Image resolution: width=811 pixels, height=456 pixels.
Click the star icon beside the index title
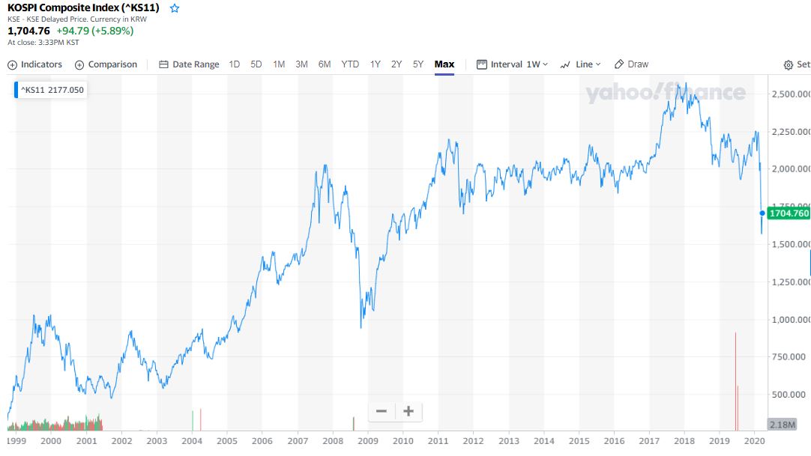tap(175, 8)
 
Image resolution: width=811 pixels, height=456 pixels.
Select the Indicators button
tap(35, 64)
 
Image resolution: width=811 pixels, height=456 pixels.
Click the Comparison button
tap(106, 64)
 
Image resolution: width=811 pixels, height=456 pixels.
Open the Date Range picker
tap(190, 64)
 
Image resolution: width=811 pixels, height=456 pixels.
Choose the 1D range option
tap(235, 64)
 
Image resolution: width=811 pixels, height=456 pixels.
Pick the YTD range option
tap(350, 64)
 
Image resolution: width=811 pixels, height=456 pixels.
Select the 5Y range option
tap(418, 64)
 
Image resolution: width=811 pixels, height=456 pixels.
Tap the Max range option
tap(444, 64)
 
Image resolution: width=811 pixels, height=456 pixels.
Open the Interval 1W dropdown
tap(513, 64)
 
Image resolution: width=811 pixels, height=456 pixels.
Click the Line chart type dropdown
tap(581, 64)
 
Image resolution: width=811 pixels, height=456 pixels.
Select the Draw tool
tap(632, 64)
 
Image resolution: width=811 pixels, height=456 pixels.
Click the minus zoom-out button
tap(382, 411)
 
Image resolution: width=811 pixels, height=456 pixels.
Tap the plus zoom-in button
tap(408, 411)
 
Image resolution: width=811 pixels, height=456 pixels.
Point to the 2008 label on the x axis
tap(333, 442)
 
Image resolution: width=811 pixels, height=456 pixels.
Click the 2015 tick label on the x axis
tap(579, 442)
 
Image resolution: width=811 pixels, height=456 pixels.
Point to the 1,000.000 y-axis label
tap(790, 320)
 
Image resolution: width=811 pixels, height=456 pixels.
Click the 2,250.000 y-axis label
tap(790, 132)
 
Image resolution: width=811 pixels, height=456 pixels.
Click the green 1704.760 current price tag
tap(789, 213)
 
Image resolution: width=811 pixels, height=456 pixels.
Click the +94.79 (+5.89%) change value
tap(95, 31)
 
